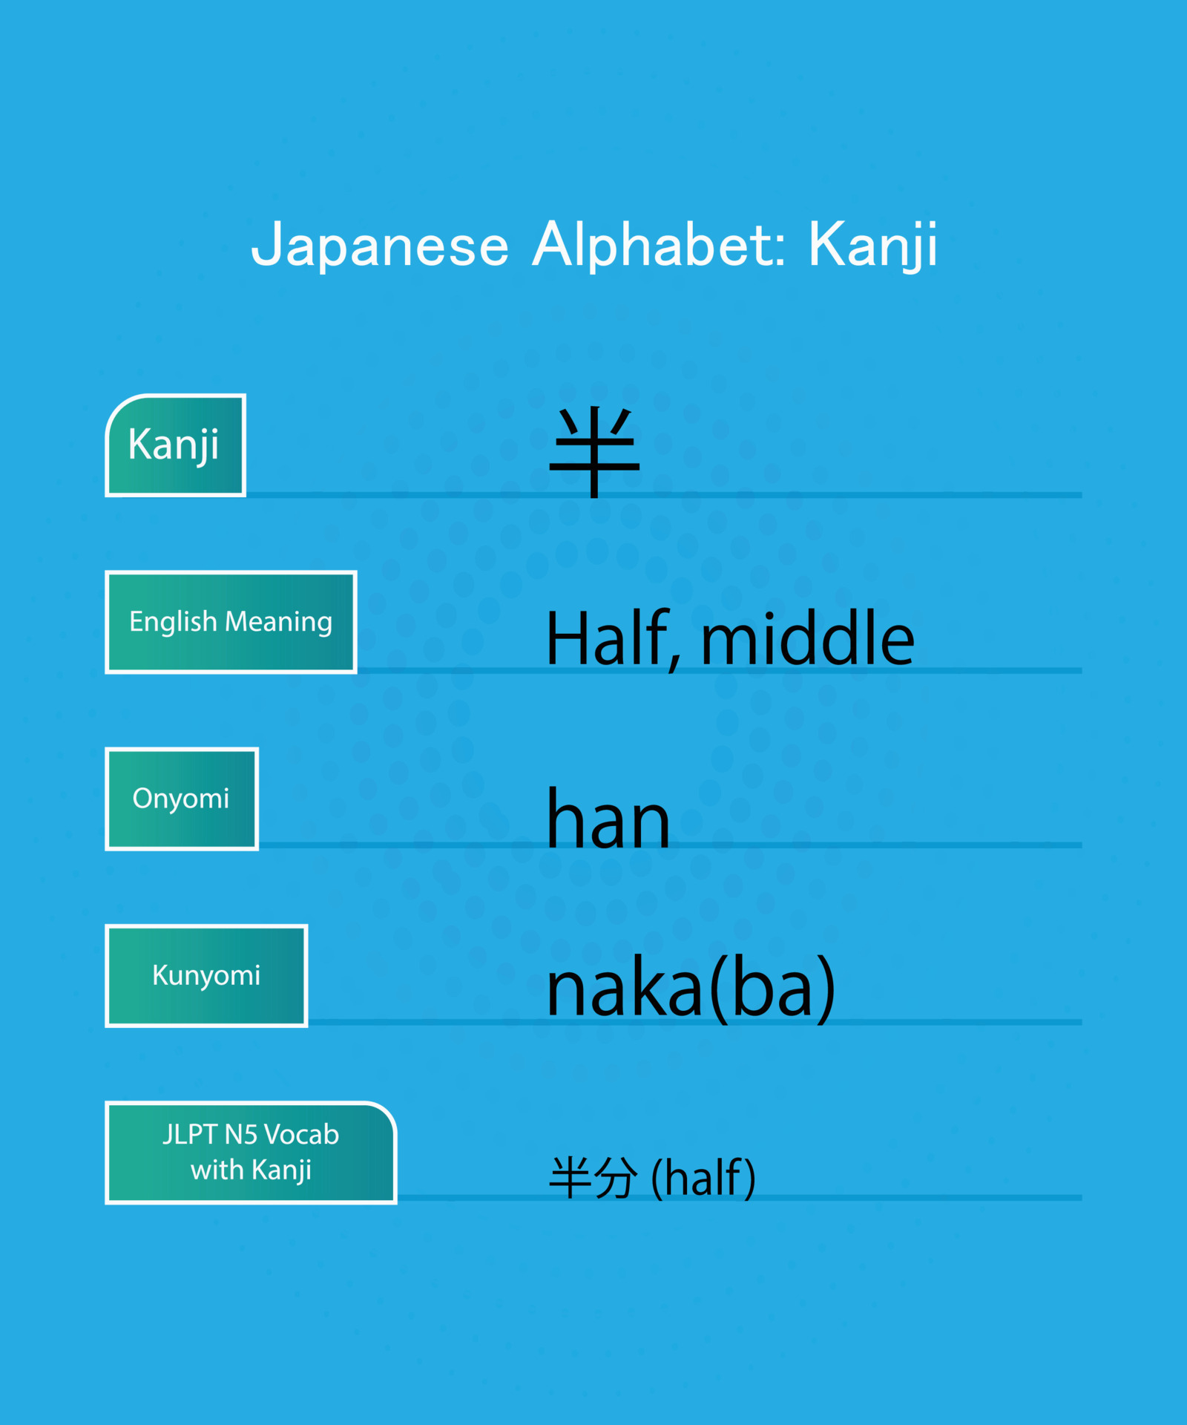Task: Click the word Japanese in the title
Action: [x=380, y=245]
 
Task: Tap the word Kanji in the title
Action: [x=872, y=245]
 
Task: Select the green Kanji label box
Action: [x=176, y=445]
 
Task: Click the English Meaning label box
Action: [x=231, y=622]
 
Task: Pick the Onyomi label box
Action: [x=182, y=799]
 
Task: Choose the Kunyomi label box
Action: [x=206, y=975]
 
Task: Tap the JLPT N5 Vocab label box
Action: [x=251, y=1152]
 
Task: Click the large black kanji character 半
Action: [x=594, y=451]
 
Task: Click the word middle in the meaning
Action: [x=807, y=638]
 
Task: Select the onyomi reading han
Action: [x=608, y=819]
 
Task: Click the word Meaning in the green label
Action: [x=278, y=622]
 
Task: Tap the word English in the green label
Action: [x=173, y=622]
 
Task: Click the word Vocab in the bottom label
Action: [x=301, y=1135]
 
